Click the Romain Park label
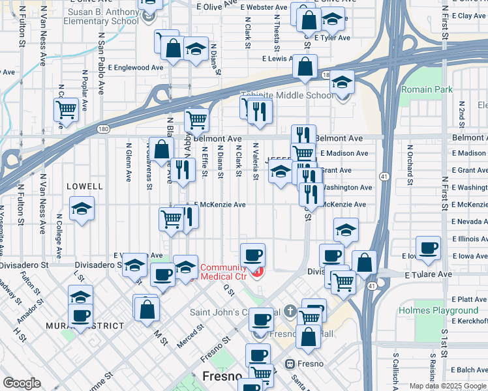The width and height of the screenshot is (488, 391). [x=427, y=89]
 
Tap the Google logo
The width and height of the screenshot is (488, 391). [x=22, y=383]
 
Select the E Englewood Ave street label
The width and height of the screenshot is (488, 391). [x=136, y=67]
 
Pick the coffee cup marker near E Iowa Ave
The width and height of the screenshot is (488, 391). [x=428, y=248]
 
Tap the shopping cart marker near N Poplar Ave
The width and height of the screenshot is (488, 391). [x=66, y=109]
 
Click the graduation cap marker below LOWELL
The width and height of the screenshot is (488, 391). [x=82, y=209]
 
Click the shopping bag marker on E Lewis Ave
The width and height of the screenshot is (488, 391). [x=305, y=66]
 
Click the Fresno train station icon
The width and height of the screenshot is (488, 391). [x=290, y=363]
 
